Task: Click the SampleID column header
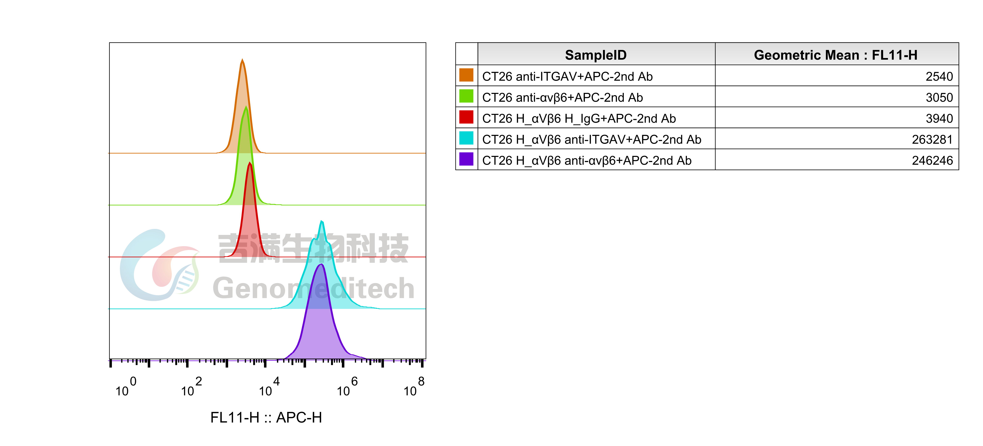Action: [596, 55]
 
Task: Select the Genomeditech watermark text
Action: [313, 289]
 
